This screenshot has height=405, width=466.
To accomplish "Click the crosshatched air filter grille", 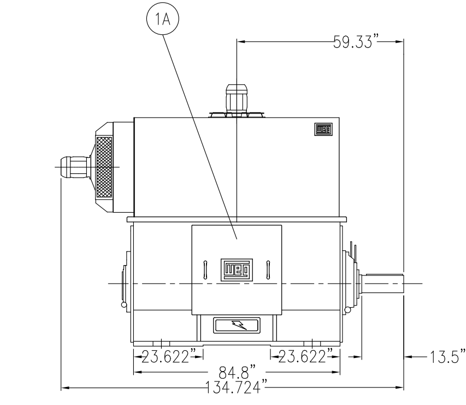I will (x=104, y=167).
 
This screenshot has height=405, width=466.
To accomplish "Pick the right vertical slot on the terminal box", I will (x=268, y=269).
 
